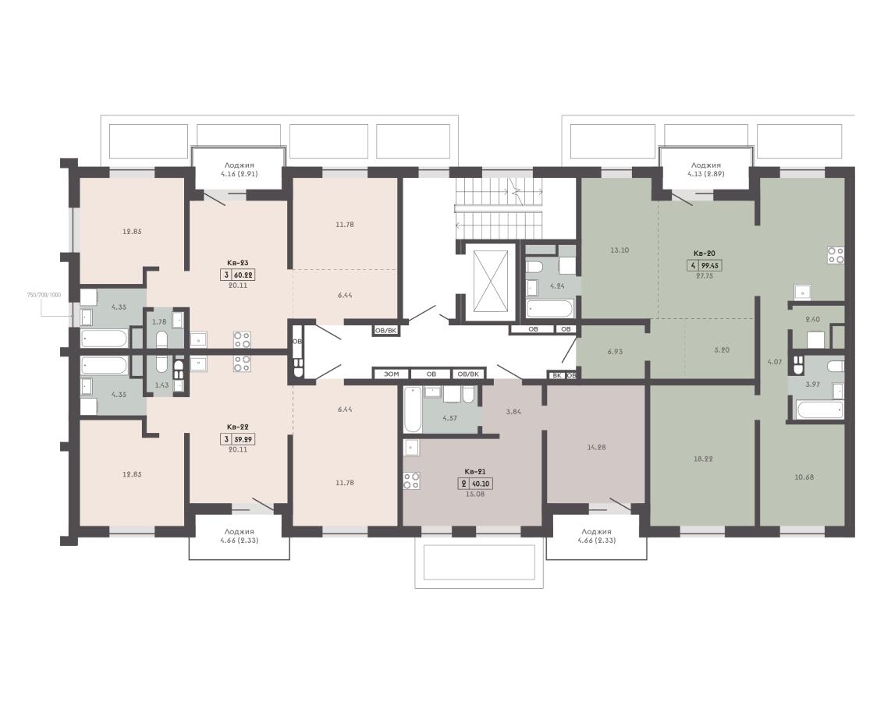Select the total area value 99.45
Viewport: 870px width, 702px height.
(710, 266)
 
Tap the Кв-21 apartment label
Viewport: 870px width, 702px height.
(474, 472)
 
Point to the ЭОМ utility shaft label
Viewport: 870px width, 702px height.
(391, 374)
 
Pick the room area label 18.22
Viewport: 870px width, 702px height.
(703, 459)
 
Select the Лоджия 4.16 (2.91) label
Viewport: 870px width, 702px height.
(240, 169)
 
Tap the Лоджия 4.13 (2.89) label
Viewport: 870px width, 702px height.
(706, 169)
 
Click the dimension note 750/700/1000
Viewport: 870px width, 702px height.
(44, 295)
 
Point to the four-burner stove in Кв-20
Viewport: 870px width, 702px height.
(836, 255)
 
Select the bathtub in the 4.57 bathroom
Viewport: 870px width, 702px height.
(413, 409)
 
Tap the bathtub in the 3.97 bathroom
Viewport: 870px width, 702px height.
(819, 410)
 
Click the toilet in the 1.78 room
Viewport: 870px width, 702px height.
(162, 339)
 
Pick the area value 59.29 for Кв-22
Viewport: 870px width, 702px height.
(244, 439)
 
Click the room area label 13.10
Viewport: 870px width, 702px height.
(620, 250)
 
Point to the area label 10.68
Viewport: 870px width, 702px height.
(804, 477)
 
